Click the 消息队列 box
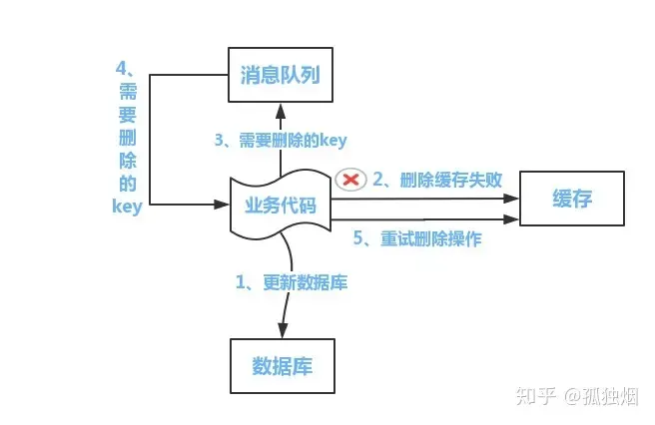[x=281, y=74]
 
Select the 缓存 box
[x=572, y=200]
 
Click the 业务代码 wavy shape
[x=281, y=206]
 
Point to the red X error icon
[x=350, y=179]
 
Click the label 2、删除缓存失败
[x=436, y=180]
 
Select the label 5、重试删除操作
[x=417, y=238]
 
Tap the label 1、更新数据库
[x=292, y=282]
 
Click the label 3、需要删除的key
[x=281, y=141]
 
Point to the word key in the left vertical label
[x=127, y=208]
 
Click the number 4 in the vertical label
[x=122, y=70]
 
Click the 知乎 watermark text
[x=533, y=396]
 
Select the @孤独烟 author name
[x=600, y=396]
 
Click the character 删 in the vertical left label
[x=127, y=138]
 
